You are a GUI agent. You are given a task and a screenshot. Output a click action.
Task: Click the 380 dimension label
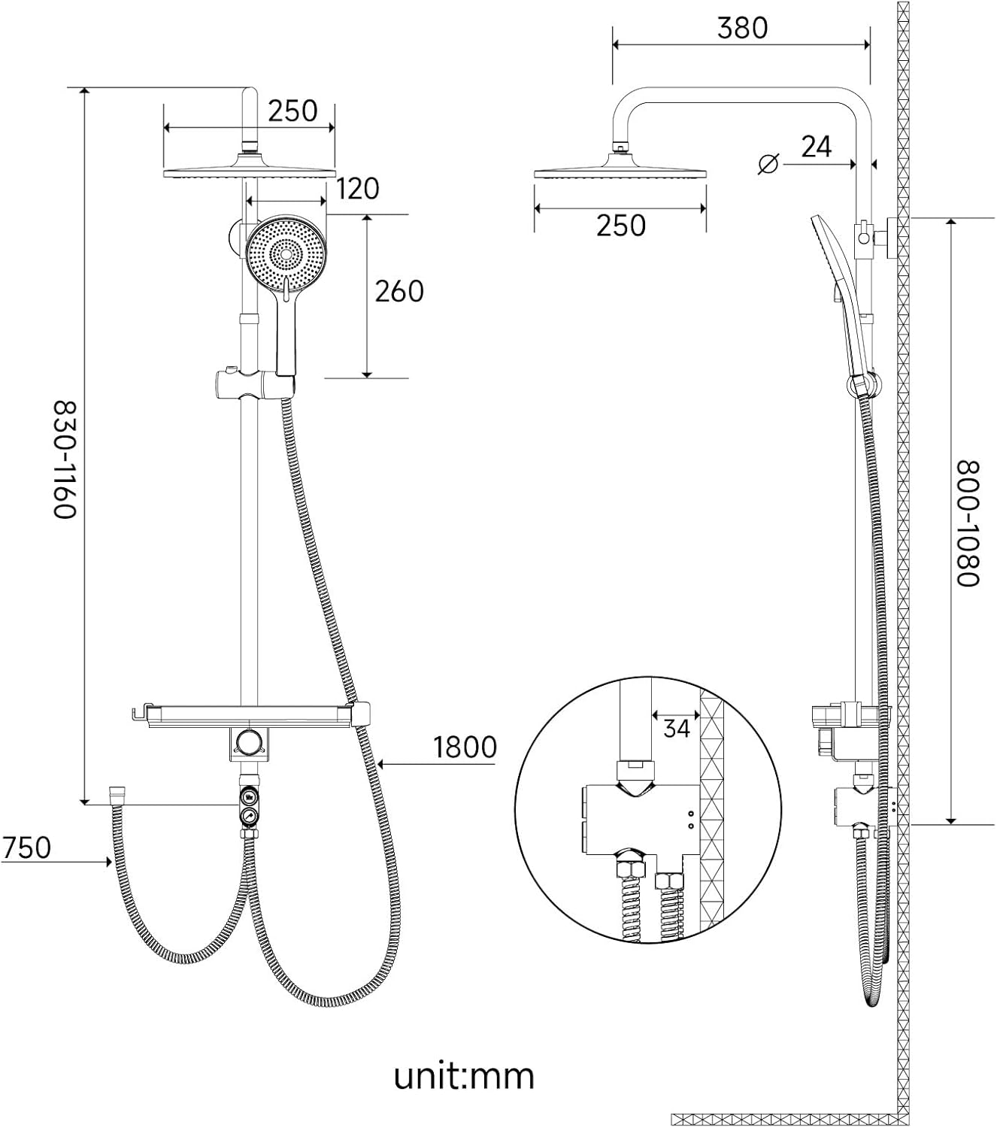742,28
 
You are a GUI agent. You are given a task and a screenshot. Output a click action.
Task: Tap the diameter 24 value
816,147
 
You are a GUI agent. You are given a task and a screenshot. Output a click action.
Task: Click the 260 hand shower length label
399,291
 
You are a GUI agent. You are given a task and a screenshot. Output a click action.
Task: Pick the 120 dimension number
358,189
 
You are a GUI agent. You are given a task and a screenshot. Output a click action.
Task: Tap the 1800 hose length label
465,747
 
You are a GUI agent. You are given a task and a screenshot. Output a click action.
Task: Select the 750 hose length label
26,848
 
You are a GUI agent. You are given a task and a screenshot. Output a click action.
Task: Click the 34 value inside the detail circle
677,728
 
